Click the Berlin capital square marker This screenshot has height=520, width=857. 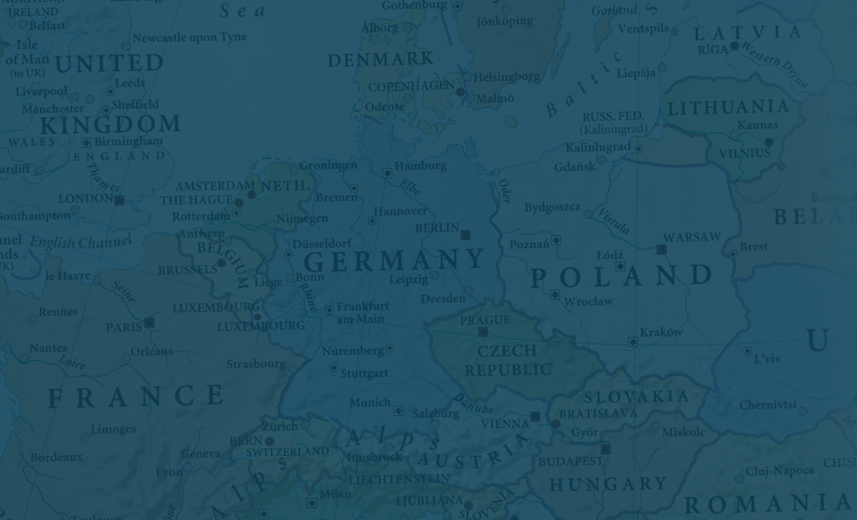466,234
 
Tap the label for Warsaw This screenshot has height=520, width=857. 691,237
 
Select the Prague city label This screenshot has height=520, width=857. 484,320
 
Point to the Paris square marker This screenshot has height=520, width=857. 149,323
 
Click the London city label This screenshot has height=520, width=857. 86,199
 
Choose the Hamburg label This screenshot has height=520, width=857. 420,167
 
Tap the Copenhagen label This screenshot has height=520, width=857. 411,87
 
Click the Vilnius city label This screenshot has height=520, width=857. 745,153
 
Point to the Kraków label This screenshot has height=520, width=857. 661,332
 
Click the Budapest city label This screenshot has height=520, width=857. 570,461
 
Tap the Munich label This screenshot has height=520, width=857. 370,403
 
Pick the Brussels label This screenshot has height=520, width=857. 187,271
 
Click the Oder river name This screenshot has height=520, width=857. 504,191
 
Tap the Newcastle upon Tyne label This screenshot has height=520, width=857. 189,38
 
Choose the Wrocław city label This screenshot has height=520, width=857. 589,301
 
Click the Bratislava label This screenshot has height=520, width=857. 598,413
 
